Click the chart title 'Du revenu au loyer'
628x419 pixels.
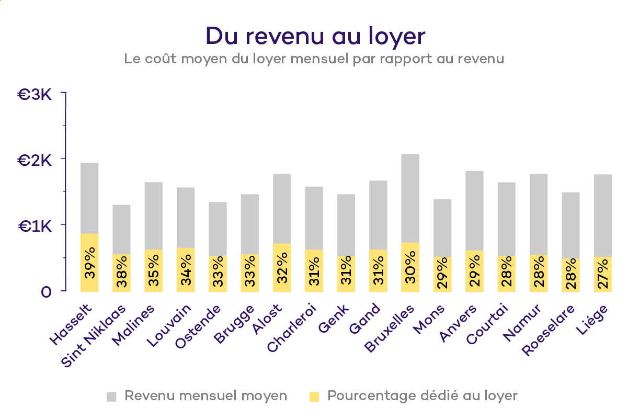click(x=315, y=37)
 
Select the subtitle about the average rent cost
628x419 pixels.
click(x=314, y=59)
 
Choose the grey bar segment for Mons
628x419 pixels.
click(x=442, y=228)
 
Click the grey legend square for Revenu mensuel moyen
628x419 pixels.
click(x=111, y=397)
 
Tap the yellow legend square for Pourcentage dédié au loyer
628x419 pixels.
click(x=314, y=397)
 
